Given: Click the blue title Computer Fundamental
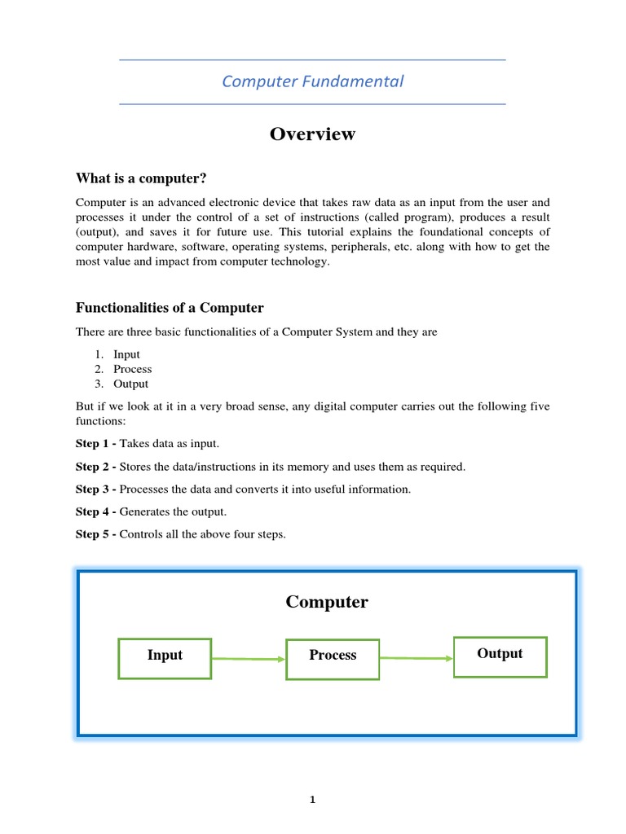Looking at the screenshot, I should coord(313,81).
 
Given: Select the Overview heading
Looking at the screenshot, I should coord(313,134).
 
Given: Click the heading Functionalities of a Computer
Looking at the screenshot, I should coord(170,308).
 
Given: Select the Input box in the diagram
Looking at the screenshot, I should coord(165,658).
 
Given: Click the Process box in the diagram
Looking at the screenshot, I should coord(333,659).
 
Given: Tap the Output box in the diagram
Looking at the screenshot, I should coord(500,656).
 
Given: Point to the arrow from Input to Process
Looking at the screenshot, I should coord(249,659).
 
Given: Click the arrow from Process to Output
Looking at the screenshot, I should coord(416,658).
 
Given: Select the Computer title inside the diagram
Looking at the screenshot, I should coord(327,603).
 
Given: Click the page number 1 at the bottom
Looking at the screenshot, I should coord(312,800).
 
